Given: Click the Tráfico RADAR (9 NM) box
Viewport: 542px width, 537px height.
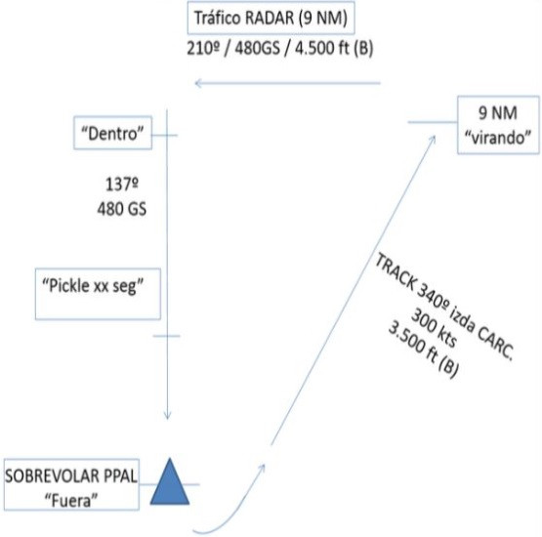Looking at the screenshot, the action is pyautogui.click(x=271, y=18).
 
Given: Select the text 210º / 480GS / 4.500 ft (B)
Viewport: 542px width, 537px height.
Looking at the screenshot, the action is pyautogui.click(x=280, y=48).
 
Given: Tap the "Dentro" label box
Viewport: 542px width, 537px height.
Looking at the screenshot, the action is pyautogui.click(x=113, y=133).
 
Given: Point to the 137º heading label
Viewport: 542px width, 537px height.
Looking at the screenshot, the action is pyautogui.click(x=122, y=184).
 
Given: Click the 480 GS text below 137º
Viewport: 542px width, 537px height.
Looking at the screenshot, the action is pyautogui.click(x=122, y=209).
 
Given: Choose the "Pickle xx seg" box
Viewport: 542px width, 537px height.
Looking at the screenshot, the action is pyautogui.click(x=98, y=294).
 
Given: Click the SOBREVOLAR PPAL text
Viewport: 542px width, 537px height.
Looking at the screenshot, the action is pyautogui.click(x=71, y=476).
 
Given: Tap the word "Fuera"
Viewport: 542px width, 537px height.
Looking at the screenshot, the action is pyautogui.click(x=71, y=500).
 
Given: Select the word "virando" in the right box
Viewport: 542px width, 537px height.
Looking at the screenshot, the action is pyautogui.click(x=498, y=138).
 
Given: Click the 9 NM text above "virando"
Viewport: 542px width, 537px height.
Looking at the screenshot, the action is pyautogui.click(x=498, y=113).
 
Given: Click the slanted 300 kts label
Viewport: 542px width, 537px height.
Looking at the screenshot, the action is pyautogui.click(x=434, y=328).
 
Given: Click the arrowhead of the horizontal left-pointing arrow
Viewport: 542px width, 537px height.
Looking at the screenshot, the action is pyautogui.click(x=198, y=83).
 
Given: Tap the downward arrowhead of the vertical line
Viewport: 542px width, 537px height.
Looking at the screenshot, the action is pyautogui.click(x=167, y=415).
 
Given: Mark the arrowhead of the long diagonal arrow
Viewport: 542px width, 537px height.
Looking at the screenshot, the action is pyautogui.click(x=432, y=140).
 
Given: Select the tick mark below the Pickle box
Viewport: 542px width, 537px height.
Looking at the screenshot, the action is pyautogui.click(x=167, y=336).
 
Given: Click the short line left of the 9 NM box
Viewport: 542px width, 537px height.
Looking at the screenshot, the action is pyautogui.click(x=433, y=122).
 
